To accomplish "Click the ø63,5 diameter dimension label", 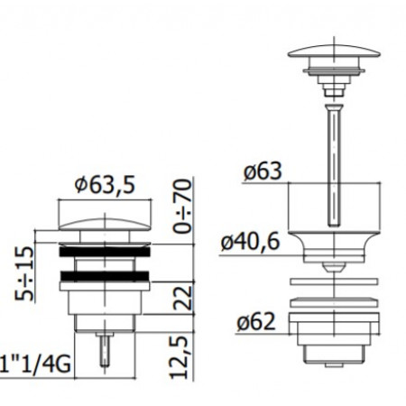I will (x=106, y=185).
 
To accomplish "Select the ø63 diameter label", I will (x=263, y=169).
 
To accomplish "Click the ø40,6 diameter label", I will (x=255, y=241).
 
